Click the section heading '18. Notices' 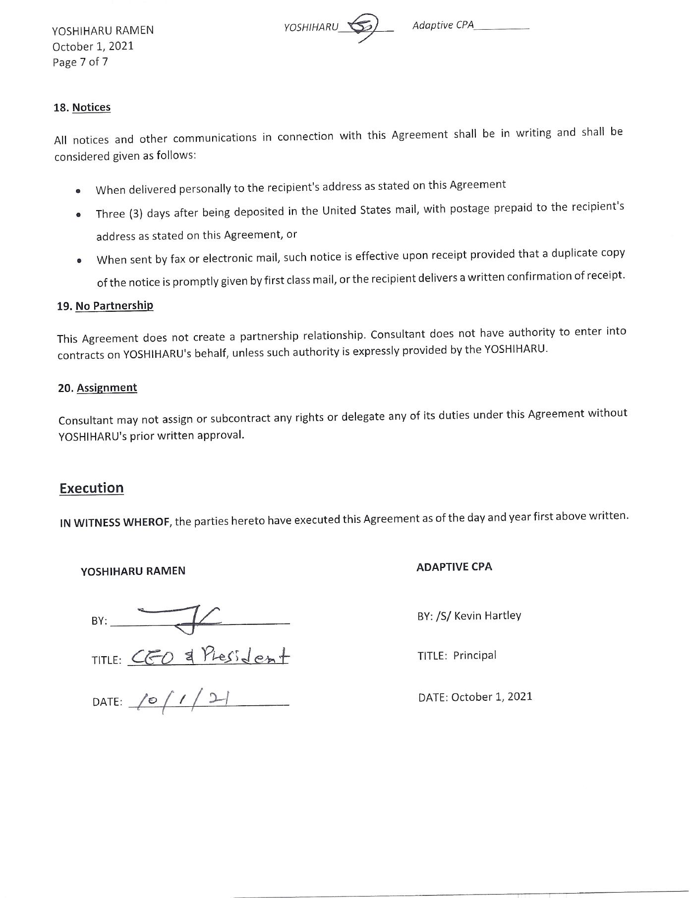(82, 108)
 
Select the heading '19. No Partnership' (105, 306)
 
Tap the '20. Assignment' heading (97, 388)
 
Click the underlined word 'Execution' (92, 488)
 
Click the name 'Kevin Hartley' (488, 616)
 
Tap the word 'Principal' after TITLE (474, 655)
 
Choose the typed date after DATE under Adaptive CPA (492, 696)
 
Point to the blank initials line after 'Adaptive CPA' (502, 28)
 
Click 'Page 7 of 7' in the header (80, 62)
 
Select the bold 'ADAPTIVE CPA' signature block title (454, 567)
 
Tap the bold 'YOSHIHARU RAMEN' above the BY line (133, 571)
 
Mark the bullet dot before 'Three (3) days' (78, 215)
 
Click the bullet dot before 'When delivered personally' (78, 191)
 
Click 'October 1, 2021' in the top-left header (93, 46)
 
